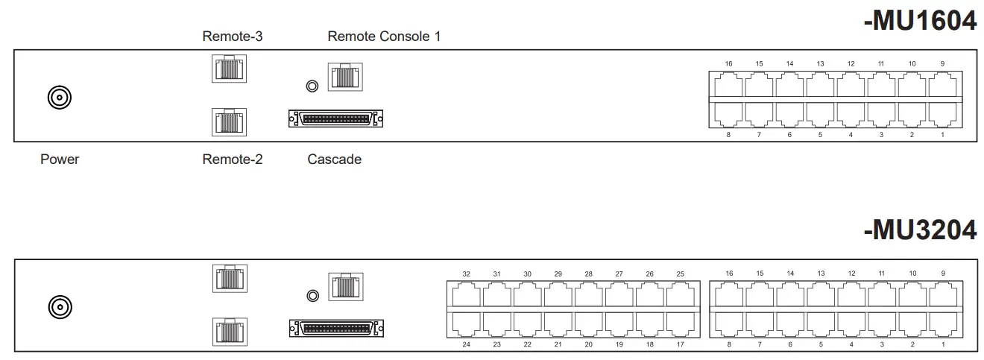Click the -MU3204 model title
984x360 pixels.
pyautogui.click(x=920, y=230)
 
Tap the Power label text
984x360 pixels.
pyautogui.click(x=60, y=159)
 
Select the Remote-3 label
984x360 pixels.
pyautogui.click(x=233, y=36)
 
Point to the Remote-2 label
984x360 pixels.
pyautogui.click(x=233, y=159)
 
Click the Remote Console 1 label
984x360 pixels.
pyautogui.click(x=384, y=36)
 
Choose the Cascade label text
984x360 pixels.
pyautogui.click(x=334, y=159)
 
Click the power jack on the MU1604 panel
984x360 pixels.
pyautogui.click(x=60, y=97)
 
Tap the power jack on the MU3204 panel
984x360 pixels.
pyautogui.click(x=60, y=306)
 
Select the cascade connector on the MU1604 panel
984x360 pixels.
pyautogui.click(x=335, y=119)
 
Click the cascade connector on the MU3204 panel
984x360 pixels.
pyautogui.click(x=335, y=328)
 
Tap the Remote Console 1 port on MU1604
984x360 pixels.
pyautogui.click(x=345, y=77)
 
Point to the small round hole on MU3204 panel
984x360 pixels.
pyautogui.click(x=313, y=296)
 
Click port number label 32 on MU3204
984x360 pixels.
pyautogui.click(x=467, y=274)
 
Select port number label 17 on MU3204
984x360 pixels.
pyautogui.click(x=680, y=345)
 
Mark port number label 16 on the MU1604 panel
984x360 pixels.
pyautogui.click(x=728, y=63)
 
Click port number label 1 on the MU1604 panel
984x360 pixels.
pyautogui.click(x=942, y=135)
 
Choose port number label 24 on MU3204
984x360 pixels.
pyautogui.click(x=467, y=345)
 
